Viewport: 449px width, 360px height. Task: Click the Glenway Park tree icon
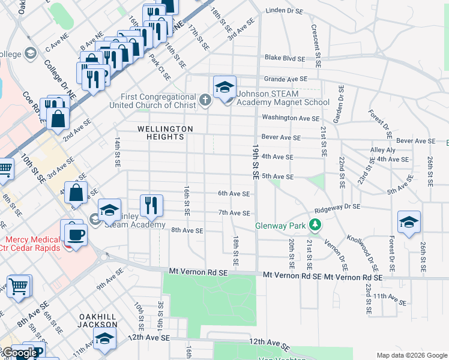313,226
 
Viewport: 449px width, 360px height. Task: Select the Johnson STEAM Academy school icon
224,88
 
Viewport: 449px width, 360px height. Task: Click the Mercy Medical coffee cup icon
75,233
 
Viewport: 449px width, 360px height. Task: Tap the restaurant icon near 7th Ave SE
151,205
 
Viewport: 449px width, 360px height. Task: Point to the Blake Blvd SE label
285,58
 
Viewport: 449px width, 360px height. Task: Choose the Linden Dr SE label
286,10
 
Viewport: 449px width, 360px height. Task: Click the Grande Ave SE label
285,79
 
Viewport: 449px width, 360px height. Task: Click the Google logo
19,353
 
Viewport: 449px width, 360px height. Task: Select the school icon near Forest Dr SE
409,223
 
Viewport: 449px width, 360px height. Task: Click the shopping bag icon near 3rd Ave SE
76,193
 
